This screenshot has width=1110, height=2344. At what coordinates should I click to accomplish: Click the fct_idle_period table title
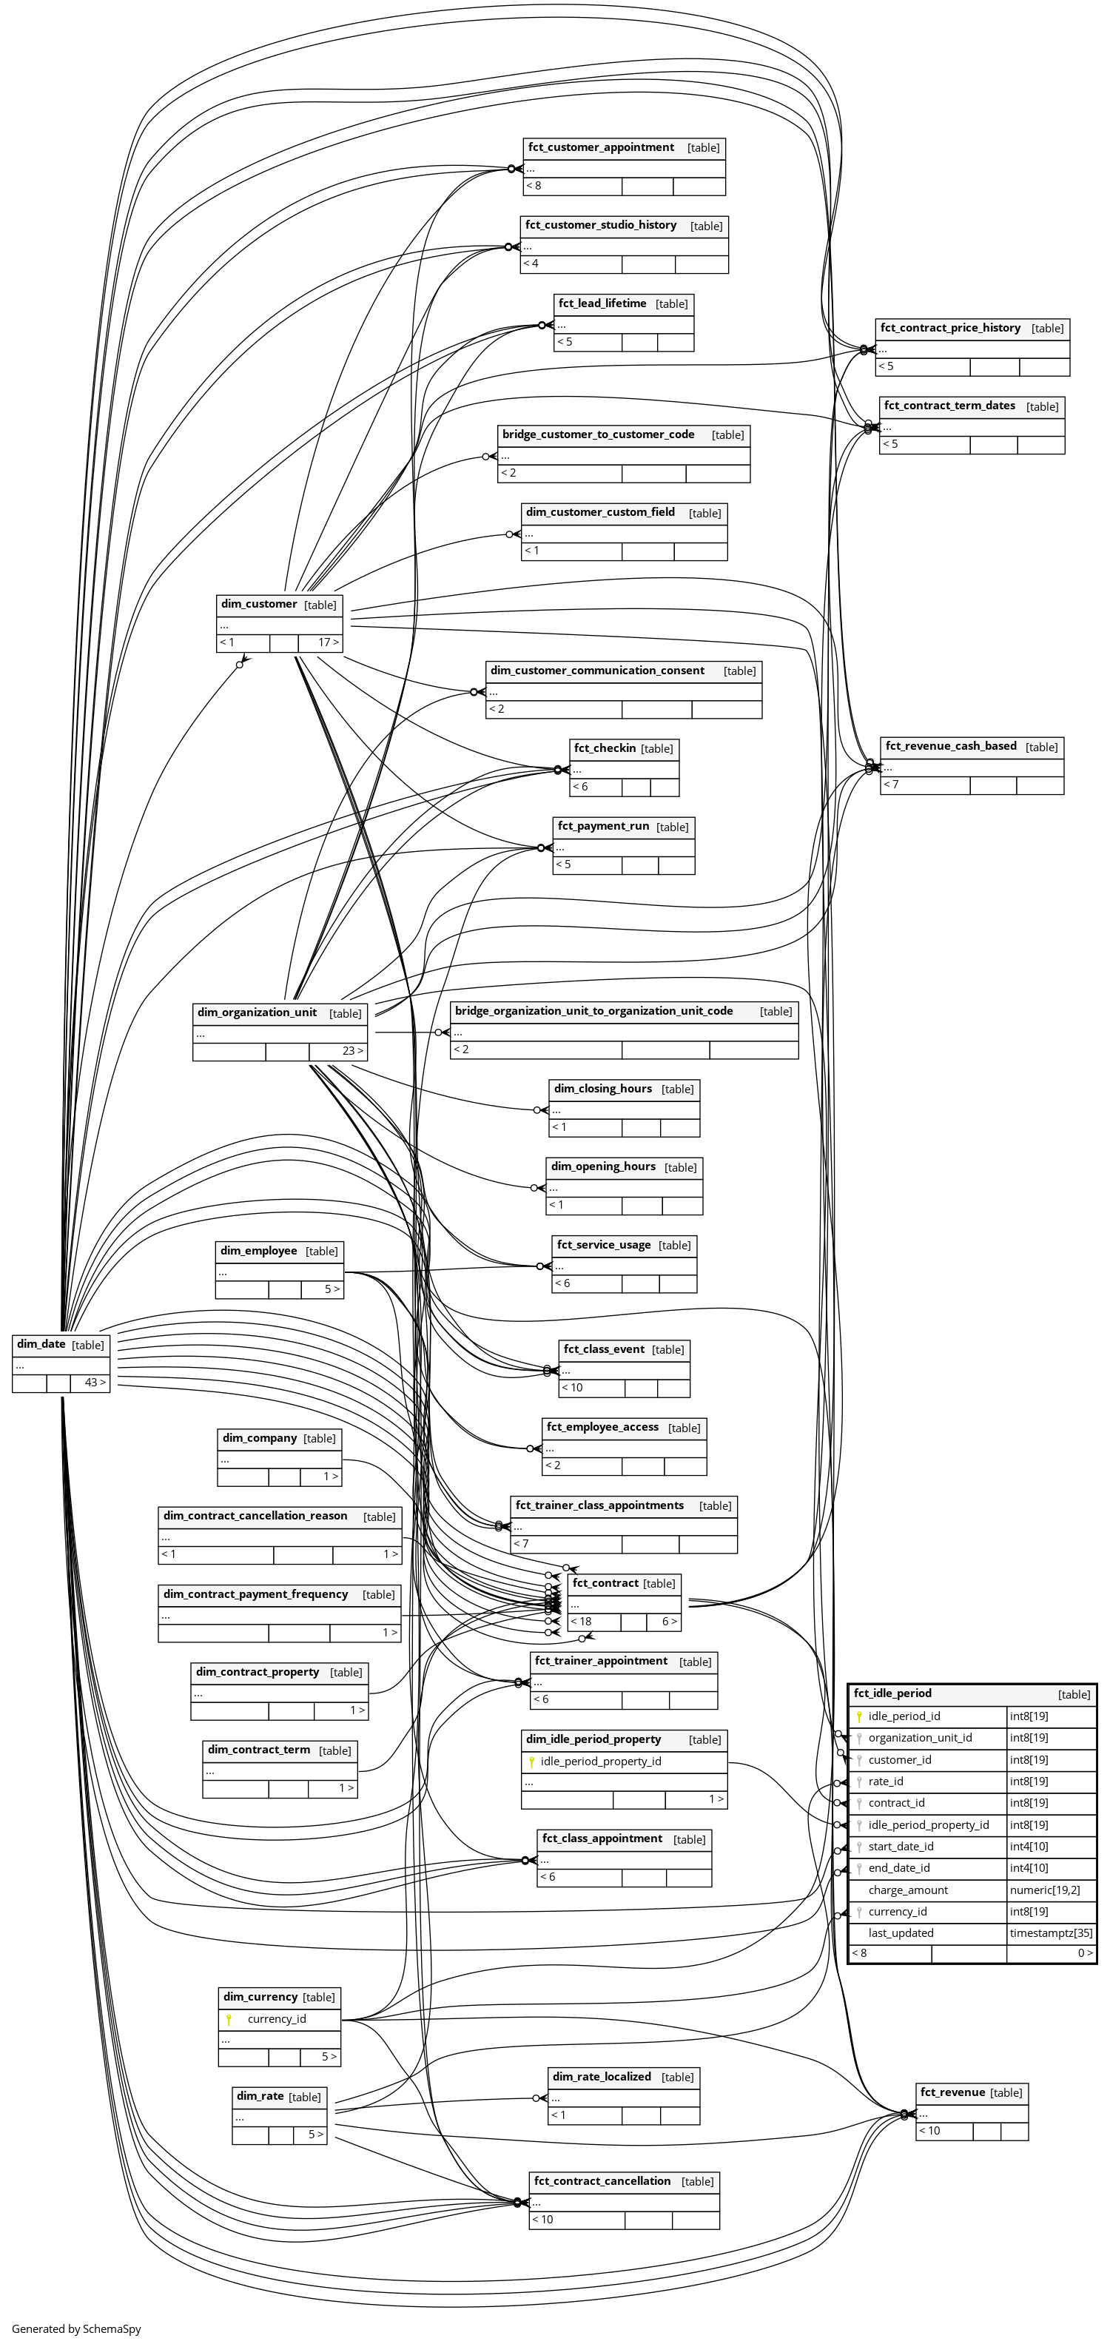(x=892, y=1693)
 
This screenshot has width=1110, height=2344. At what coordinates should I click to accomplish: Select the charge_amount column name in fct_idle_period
(x=907, y=1890)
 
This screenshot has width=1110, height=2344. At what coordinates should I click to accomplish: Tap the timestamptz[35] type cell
(x=1051, y=1932)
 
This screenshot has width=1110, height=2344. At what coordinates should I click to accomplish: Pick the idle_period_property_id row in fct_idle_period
(x=928, y=1824)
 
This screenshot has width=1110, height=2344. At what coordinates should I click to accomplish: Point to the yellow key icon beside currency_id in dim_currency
(x=229, y=2018)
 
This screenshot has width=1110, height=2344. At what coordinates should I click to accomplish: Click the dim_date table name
(x=41, y=1344)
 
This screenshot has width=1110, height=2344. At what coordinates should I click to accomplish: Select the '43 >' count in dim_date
(x=95, y=1382)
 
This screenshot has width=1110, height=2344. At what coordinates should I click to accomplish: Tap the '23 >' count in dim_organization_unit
(x=352, y=1050)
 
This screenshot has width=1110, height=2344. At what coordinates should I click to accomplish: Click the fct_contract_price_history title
(x=950, y=328)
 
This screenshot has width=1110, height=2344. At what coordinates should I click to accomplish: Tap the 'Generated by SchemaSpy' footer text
(x=76, y=2328)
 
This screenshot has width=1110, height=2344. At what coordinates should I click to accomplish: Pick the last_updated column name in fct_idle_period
(x=900, y=1932)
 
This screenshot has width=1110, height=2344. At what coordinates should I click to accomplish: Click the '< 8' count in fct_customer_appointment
(x=532, y=186)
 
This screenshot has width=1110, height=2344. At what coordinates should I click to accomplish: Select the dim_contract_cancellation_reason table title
(x=255, y=1515)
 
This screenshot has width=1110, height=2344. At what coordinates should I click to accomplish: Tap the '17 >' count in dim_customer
(x=328, y=642)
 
